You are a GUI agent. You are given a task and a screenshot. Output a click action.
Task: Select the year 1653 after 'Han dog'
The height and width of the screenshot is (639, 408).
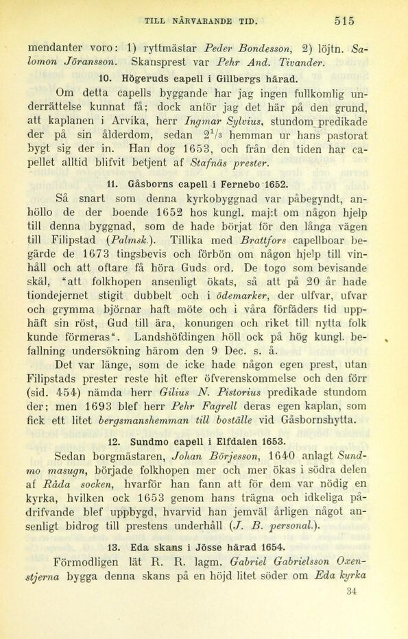click(x=205, y=154)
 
